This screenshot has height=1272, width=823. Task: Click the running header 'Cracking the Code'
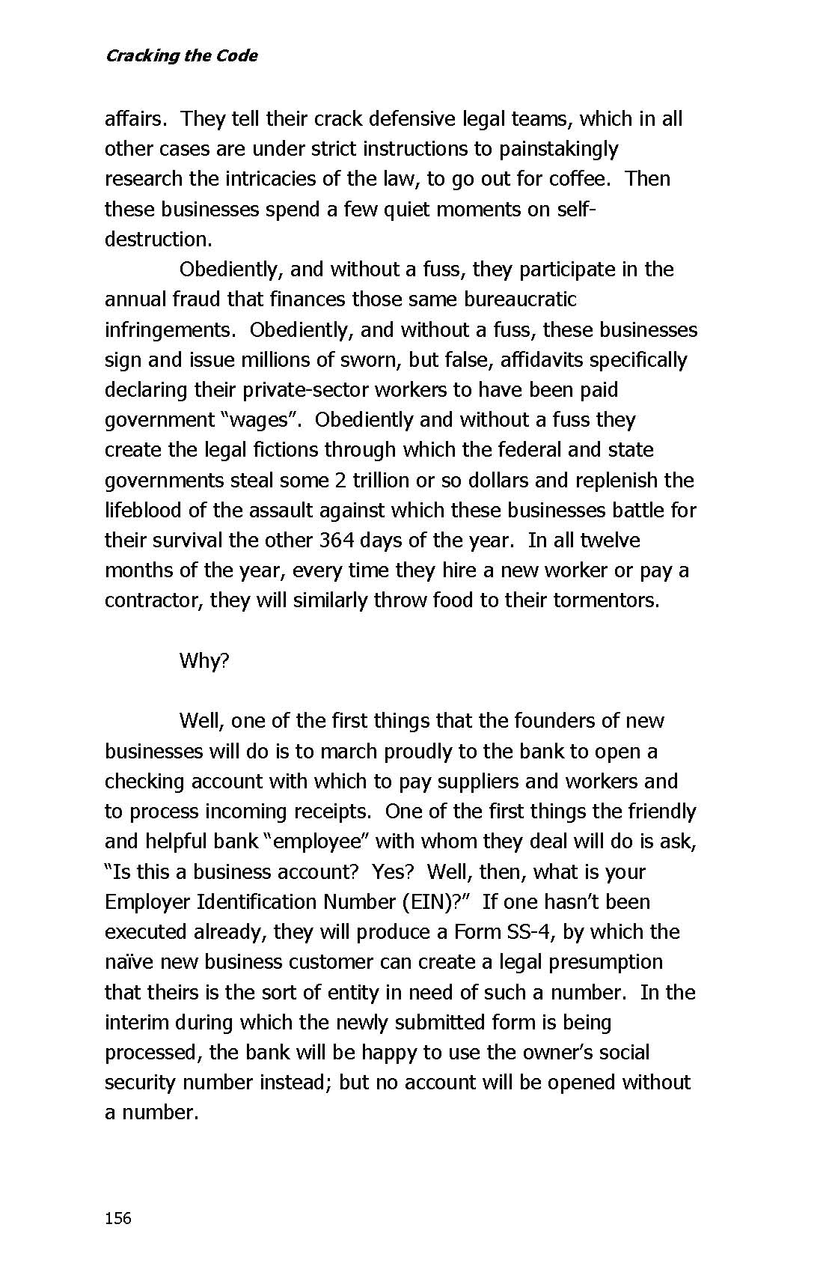tap(181, 55)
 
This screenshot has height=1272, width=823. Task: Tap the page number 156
tap(118, 1218)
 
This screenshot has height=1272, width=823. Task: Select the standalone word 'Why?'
tap(204, 660)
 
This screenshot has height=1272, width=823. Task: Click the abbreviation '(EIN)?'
tap(441, 901)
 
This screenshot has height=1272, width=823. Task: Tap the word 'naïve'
tap(129, 961)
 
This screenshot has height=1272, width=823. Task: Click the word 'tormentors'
tap(605, 600)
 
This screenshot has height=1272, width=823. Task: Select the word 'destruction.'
tap(159, 239)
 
